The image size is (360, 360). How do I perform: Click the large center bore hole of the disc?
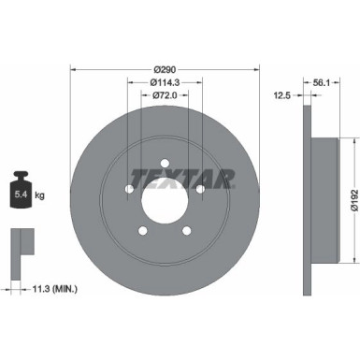pyautogui.click(x=166, y=198)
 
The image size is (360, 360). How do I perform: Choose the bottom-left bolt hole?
pyautogui.click(x=143, y=230)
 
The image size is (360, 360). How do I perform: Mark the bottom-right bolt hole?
pyautogui.click(x=187, y=230)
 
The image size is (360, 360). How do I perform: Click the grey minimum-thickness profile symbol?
pyautogui.click(x=19, y=244)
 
